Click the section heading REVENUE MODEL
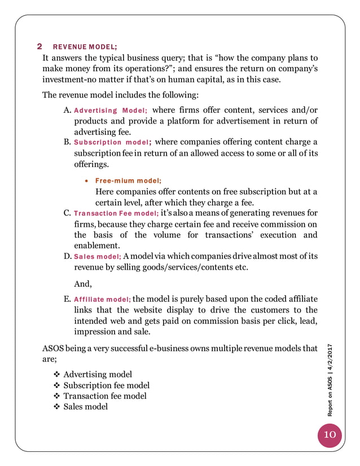click(85, 46)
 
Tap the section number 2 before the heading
click(39, 46)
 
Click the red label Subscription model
click(112, 142)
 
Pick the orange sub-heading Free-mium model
click(128, 181)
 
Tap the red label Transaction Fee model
click(116, 213)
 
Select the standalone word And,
click(83, 284)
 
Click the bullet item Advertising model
click(98, 375)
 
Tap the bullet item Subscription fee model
click(106, 385)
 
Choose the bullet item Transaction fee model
click(104, 396)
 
